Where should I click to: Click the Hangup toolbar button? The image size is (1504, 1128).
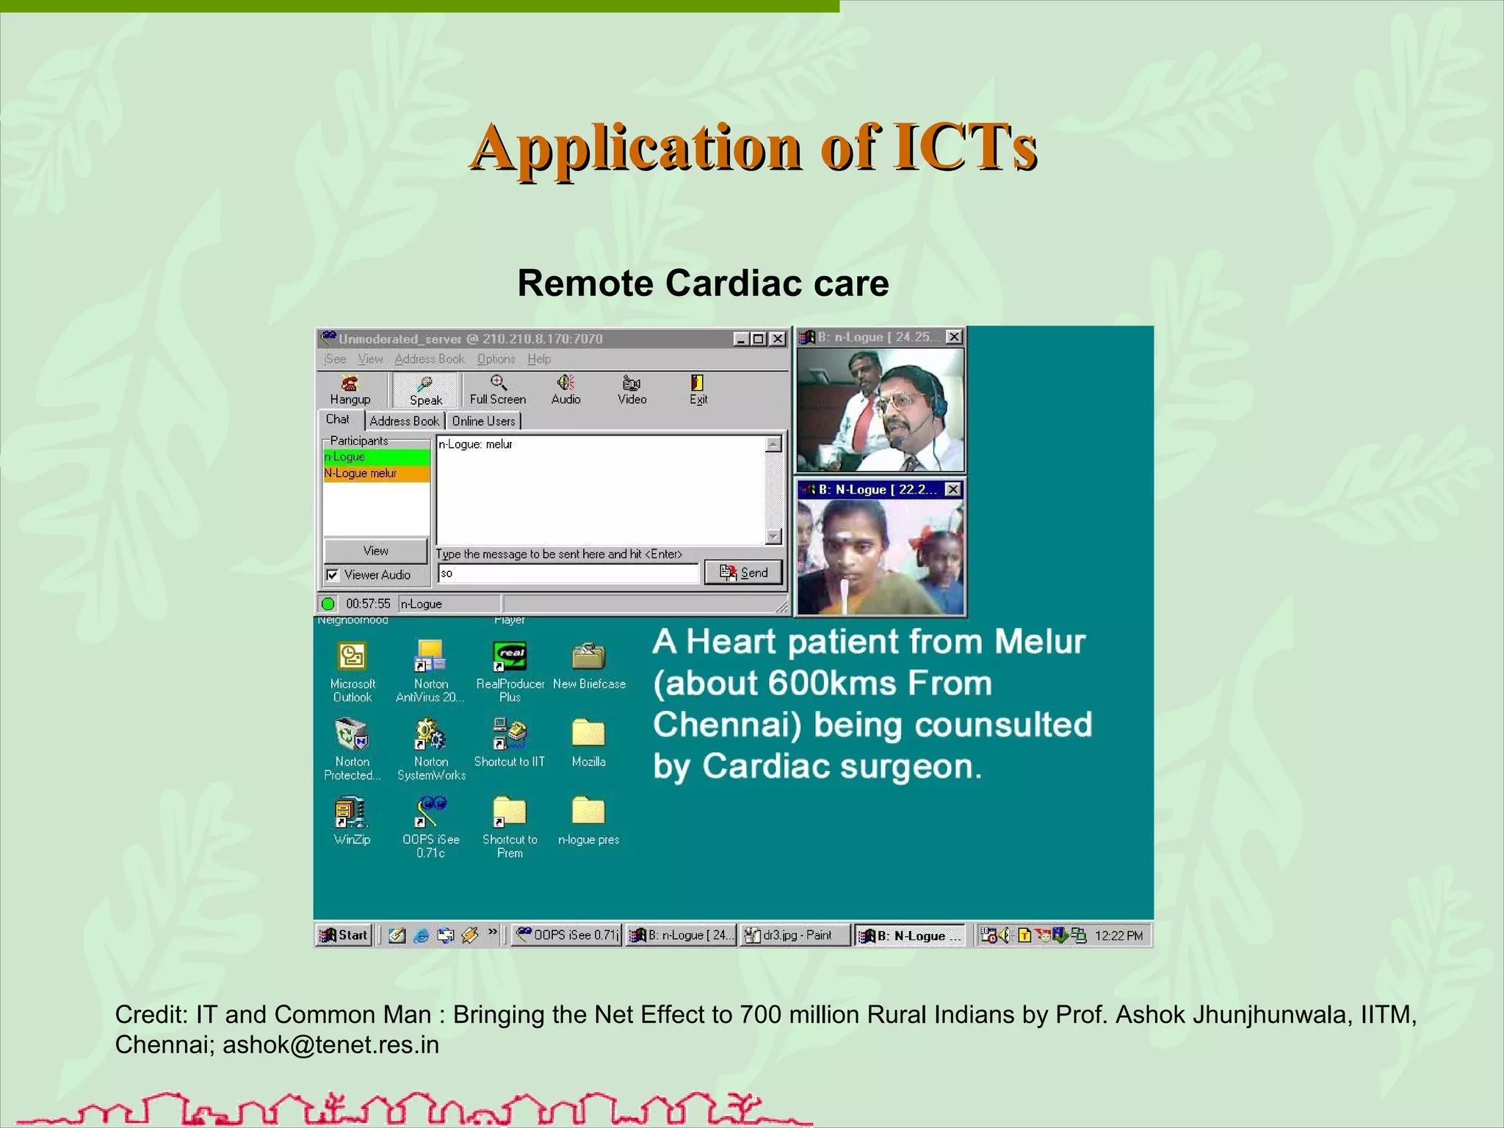tap(350, 389)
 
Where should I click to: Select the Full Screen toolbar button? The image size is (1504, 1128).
tap(498, 389)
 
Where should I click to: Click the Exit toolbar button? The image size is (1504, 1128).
tap(698, 389)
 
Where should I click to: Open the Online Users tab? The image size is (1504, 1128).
tap(483, 421)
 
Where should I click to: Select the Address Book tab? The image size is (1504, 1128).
tap(404, 421)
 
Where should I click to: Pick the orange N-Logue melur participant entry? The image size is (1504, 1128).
tap(376, 474)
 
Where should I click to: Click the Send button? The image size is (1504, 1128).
tap(743, 572)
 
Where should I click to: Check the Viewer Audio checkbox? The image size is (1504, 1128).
tap(333, 575)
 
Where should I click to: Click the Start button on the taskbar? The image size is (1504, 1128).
tap(344, 935)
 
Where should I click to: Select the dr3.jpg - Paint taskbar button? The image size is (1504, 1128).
tap(795, 935)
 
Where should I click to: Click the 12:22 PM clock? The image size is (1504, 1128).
tap(1118, 936)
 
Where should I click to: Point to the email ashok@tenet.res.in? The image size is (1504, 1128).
tap(330, 1044)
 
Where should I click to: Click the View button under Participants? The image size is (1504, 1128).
tap(375, 551)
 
